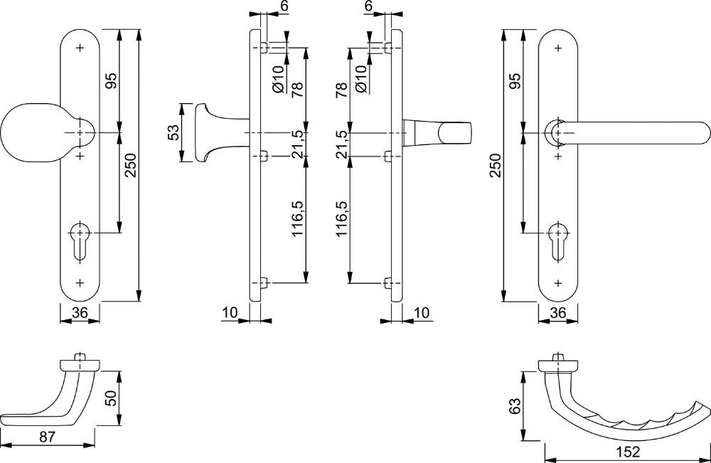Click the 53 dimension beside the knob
coord(173,133)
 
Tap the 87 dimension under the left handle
coord(47,437)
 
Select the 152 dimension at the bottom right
coord(628,452)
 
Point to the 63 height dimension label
coord(514,406)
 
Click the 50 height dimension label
coord(111,398)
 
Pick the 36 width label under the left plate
coord(80,312)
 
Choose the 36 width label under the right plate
coord(557,312)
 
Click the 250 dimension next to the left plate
coord(130,166)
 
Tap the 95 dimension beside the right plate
coord(515,80)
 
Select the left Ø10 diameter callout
coord(279,78)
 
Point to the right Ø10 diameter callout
coord(360,78)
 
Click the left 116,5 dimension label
coord(297,218)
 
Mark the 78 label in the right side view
coord(342,90)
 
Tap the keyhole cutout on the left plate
coord(80,241)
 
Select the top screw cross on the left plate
coord(81,48)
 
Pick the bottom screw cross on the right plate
coord(557,284)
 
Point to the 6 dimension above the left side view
coord(284,6)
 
